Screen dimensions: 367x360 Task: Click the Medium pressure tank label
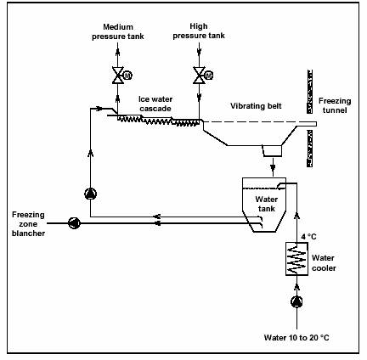coord(118,31)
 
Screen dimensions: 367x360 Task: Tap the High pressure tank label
coord(199,31)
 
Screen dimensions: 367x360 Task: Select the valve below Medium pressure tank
coord(117,76)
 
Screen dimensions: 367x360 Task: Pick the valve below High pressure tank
coord(199,76)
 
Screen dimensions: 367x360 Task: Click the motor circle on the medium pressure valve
coord(128,76)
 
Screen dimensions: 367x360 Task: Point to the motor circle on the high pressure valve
coord(209,76)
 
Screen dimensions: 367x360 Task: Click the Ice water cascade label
coord(155,104)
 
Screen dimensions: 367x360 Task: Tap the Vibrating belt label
coord(256,106)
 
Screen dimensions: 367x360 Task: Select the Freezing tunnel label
coord(335,105)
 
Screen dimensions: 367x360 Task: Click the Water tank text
coord(267,204)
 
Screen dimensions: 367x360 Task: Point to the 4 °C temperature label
coord(308,237)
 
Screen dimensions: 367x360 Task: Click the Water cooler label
coord(324,263)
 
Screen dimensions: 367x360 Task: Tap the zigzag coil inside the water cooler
coord(296,259)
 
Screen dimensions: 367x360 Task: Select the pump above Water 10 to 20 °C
coord(296,301)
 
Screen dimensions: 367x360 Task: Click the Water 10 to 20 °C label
coord(296,337)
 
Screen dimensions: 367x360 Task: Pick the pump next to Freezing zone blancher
coord(74,223)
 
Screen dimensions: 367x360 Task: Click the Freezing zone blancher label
coord(28,224)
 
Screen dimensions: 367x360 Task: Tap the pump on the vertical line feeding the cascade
coord(91,194)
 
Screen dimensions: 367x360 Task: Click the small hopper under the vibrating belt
coord(272,150)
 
